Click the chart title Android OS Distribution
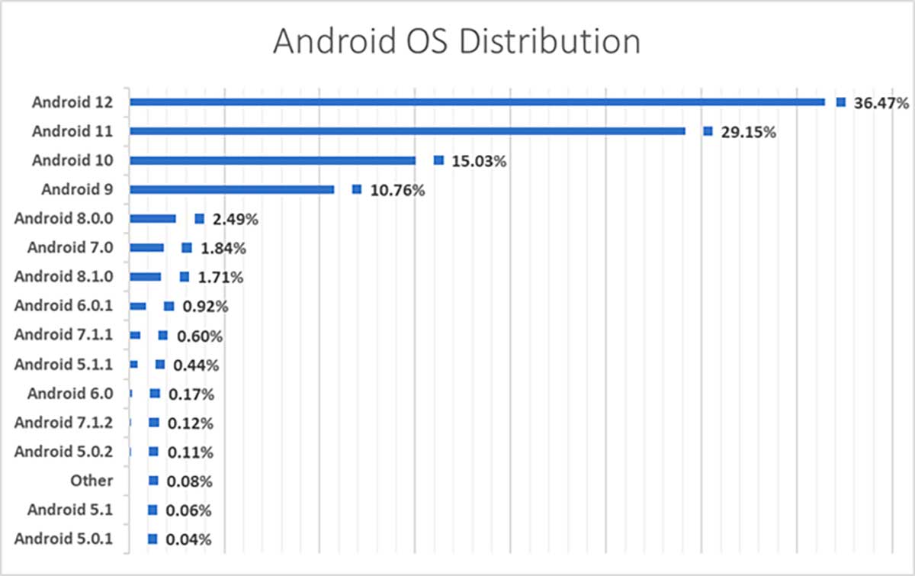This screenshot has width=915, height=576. [457, 42]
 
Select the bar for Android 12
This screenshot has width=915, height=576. [477, 102]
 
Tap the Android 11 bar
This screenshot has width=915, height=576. [407, 131]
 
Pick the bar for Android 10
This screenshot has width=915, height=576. [272, 160]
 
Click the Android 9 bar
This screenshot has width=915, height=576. [232, 189]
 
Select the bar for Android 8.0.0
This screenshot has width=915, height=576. [152, 219]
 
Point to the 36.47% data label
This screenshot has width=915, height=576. [881, 103]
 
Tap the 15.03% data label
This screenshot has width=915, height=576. [479, 161]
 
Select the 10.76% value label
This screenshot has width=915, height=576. [396, 190]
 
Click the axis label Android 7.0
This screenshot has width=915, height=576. [70, 247]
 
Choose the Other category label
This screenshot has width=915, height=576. [91, 481]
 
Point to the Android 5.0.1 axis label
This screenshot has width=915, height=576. [63, 539]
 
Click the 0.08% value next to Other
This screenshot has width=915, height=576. [191, 481]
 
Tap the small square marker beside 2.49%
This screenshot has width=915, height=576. [199, 219]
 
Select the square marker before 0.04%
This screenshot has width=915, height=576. [152, 539]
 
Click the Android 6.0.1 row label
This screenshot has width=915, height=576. [63, 305]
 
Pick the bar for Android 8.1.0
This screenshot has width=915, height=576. [145, 277]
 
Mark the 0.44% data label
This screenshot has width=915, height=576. [196, 365]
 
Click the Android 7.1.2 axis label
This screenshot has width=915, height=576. [63, 422]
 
